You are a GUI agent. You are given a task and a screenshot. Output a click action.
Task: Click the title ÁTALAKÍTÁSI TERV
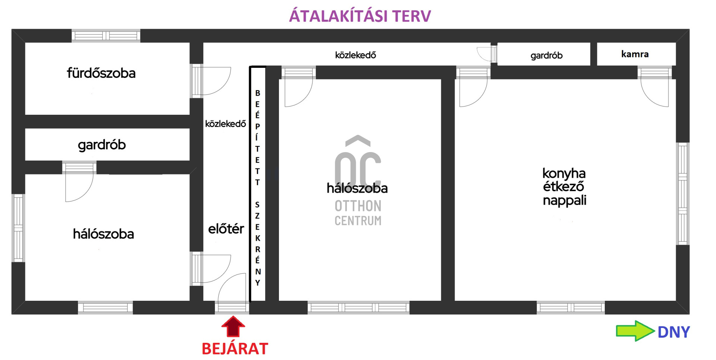coord(360,16)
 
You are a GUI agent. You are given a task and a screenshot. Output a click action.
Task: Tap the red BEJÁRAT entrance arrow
coord(233,327)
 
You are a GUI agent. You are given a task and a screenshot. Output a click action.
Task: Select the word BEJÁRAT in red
coord(235,349)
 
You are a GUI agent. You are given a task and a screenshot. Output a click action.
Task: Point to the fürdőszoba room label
coord(101,73)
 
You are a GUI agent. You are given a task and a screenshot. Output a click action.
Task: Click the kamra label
coord(635,54)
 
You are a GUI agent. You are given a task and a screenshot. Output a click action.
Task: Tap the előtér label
coord(226,228)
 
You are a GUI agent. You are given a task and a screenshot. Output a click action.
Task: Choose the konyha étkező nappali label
coord(564,187)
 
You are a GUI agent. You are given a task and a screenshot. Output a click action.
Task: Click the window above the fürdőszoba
coord(106,36)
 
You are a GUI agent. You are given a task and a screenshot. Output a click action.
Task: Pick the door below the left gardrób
coord(79,181)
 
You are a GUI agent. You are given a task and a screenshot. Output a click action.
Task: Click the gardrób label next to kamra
coord(546,56)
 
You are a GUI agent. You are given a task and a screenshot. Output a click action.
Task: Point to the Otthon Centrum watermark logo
coord(358,181)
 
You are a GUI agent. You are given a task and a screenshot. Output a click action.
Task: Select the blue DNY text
coord(673,332)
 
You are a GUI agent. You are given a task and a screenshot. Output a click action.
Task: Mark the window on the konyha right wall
coord(682,194)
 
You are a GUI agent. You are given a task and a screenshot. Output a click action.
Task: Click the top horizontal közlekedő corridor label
coord(355,55)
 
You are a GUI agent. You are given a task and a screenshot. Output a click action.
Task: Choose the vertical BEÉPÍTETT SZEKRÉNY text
coord(257,187)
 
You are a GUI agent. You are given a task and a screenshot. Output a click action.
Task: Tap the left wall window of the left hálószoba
coord(18,228)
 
